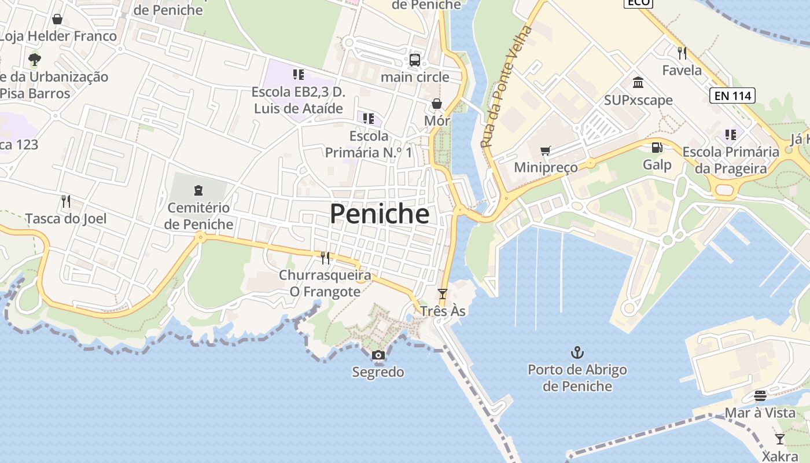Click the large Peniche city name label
pyautogui.click(x=380, y=214)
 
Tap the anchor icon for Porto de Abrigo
pyautogui.click(x=577, y=352)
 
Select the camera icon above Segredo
pyautogui.click(x=378, y=355)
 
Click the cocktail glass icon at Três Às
pyautogui.click(x=443, y=294)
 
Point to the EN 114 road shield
pyautogui.click(x=732, y=95)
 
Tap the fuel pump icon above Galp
pyautogui.click(x=657, y=148)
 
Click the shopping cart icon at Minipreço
pyautogui.click(x=545, y=151)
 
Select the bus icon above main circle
pyautogui.click(x=415, y=60)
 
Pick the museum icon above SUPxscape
pyautogui.click(x=638, y=83)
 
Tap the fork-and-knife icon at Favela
pyautogui.click(x=682, y=53)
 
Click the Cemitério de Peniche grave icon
pyautogui.click(x=198, y=190)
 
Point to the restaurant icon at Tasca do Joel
pyautogui.click(x=66, y=201)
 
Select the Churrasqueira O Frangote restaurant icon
pyautogui.click(x=325, y=258)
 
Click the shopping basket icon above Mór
pyautogui.click(x=437, y=104)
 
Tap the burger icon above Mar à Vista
pyautogui.click(x=760, y=396)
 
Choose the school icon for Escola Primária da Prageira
pyautogui.click(x=731, y=135)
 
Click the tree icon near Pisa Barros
pyautogui.click(x=35, y=59)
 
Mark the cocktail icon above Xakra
pyautogui.click(x=780, y=439)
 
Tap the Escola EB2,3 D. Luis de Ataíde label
pyautogui.click(x=298, y=100)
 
